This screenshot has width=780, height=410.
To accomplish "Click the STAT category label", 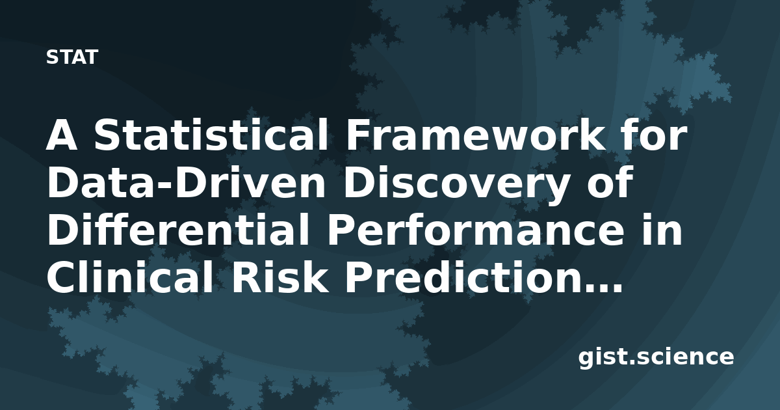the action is [x=72, y=57].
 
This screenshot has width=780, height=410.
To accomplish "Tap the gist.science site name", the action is [x=656, y=358].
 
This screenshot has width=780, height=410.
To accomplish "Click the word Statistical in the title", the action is [x=211, y=135].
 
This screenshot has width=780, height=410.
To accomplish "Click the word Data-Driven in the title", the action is [x=186, y=183].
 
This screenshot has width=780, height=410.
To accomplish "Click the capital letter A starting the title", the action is [x=61, y=135].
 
